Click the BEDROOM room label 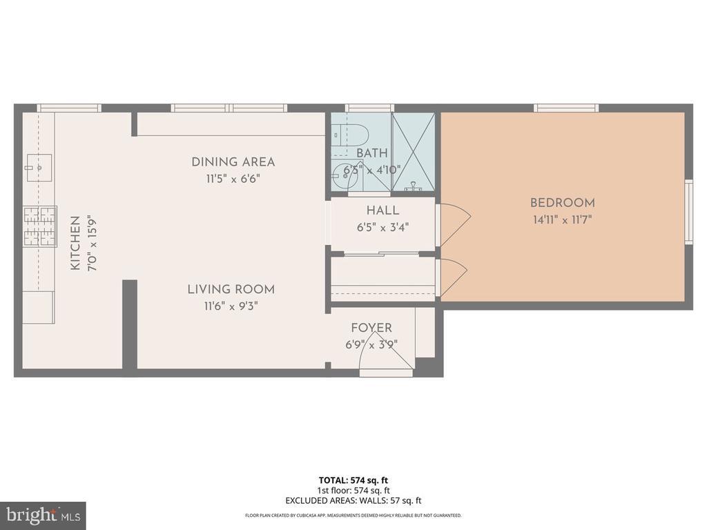click(x=562, y=203)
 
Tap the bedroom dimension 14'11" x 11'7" click(x=562, y=220)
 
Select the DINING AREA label click(x=233, y=162)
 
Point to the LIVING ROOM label click(x=231, y=289)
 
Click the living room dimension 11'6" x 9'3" click(x=231, y=306)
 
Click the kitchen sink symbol click(x=39, y=166)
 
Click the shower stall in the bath click(x=414, y=152)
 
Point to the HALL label click(x=382, y=210)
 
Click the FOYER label click(x=371, y=328)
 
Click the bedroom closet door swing click(x=452, y=278)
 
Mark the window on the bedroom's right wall click(x=688, y=211)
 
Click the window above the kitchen click(x=68, y=108)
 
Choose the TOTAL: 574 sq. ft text click(x=353, y=480)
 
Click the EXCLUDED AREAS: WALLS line click(x=353, y=500)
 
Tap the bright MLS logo click(x=42, y=516)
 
